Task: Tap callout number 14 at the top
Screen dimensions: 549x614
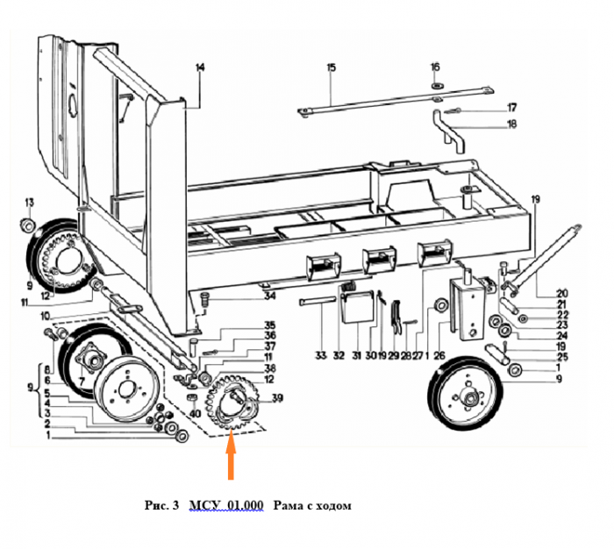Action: (200, 68)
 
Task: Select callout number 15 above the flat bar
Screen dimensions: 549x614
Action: (331, 68)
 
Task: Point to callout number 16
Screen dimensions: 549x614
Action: (434, 68)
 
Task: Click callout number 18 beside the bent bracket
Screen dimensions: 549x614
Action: (512, 125)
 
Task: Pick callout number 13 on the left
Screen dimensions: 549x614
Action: (28, 203)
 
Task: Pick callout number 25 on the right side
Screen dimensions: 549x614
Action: (539, 358)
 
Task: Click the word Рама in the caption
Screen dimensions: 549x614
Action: (287, 506)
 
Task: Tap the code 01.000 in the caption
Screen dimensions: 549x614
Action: (244, 506)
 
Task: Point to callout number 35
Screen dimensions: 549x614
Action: (270, 325)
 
